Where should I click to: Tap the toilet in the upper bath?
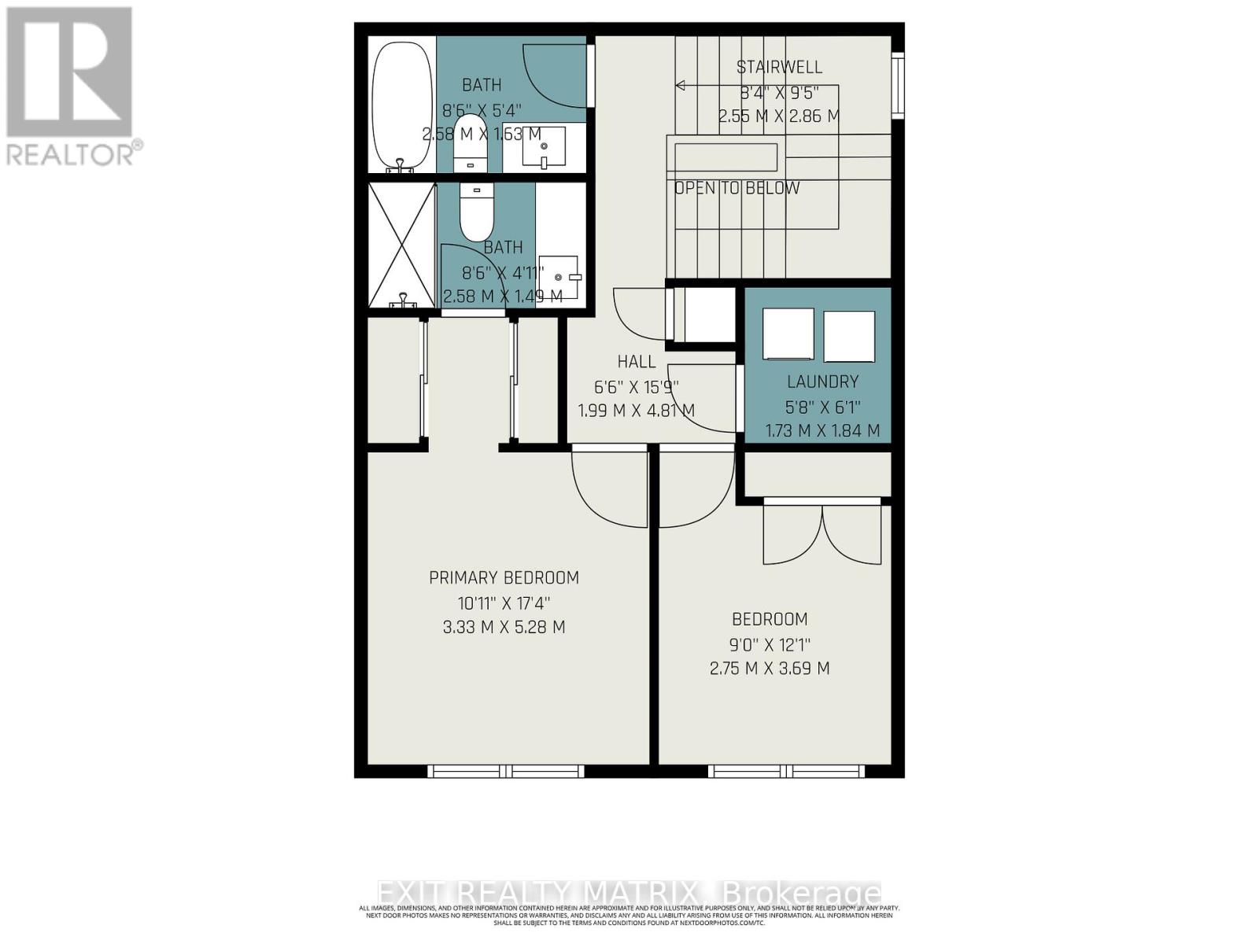pos(471,142)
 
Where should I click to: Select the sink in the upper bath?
pos(544,147)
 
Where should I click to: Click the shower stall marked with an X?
pos(401,245)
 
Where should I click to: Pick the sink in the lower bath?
pos(559,277)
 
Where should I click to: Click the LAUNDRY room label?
pos(822,382)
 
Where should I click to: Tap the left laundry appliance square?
pos(788,335)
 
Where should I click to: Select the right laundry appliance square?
pos(849,336)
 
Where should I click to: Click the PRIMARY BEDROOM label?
pos(504,577)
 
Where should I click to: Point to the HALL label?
pos(637,362)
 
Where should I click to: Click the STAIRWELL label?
pos(779,68)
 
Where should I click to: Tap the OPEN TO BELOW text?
pos(737,188)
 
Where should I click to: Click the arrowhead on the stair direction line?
pos(681,85)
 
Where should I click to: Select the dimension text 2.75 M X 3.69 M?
pos(769,669)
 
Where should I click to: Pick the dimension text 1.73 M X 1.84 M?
pos(822,431)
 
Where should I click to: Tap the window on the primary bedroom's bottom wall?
pos(506,771)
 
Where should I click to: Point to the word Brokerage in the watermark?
pos(800,894)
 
